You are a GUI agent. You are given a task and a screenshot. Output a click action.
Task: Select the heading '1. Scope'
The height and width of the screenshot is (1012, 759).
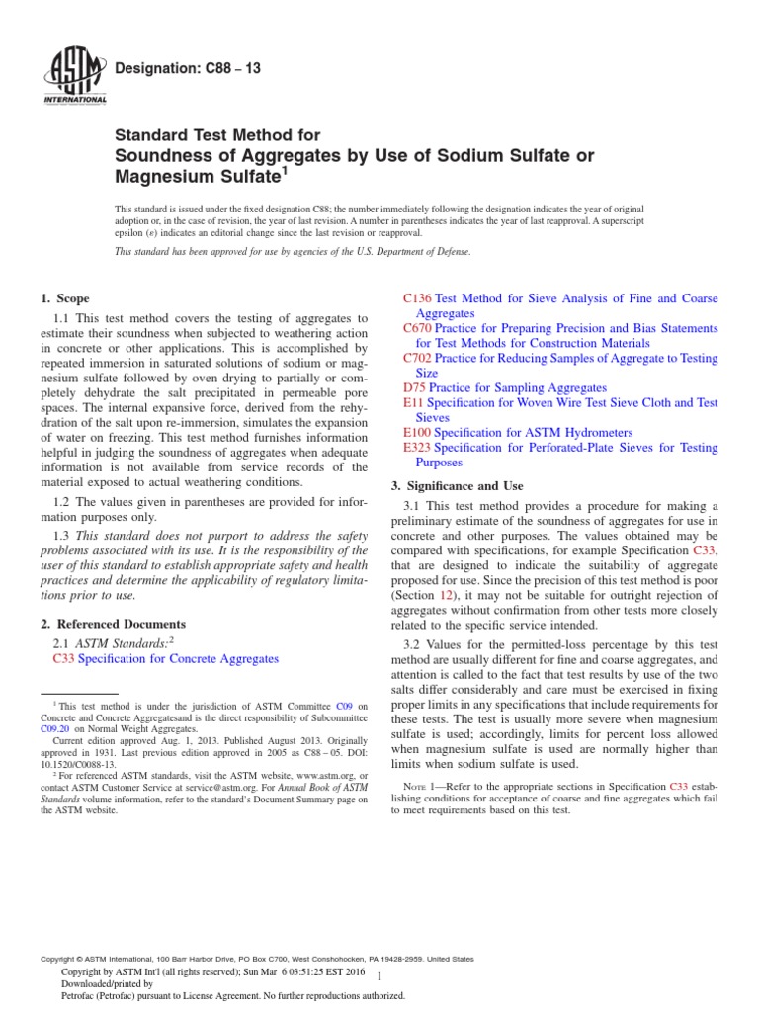64,298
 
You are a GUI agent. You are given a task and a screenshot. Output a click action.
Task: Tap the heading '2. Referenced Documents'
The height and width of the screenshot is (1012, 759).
112,625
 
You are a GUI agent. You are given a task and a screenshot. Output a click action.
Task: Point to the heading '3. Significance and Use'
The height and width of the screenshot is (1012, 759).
458,486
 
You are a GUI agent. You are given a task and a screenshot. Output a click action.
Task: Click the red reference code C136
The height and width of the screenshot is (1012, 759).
418,298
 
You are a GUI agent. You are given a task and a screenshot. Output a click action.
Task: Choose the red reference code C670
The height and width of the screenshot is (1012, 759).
418,328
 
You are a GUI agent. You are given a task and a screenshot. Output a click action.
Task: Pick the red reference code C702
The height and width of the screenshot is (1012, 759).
418,358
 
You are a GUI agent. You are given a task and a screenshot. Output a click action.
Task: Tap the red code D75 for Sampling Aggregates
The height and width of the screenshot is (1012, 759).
414,388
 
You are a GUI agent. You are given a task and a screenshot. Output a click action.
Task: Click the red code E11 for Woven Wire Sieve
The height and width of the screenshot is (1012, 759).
414,403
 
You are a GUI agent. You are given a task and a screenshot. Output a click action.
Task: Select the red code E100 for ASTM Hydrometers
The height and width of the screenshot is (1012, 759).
418,433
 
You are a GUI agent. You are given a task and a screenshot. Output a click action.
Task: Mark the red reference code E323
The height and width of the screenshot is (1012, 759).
418,448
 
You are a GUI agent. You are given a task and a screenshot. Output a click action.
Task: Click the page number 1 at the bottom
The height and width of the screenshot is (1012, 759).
379,976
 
